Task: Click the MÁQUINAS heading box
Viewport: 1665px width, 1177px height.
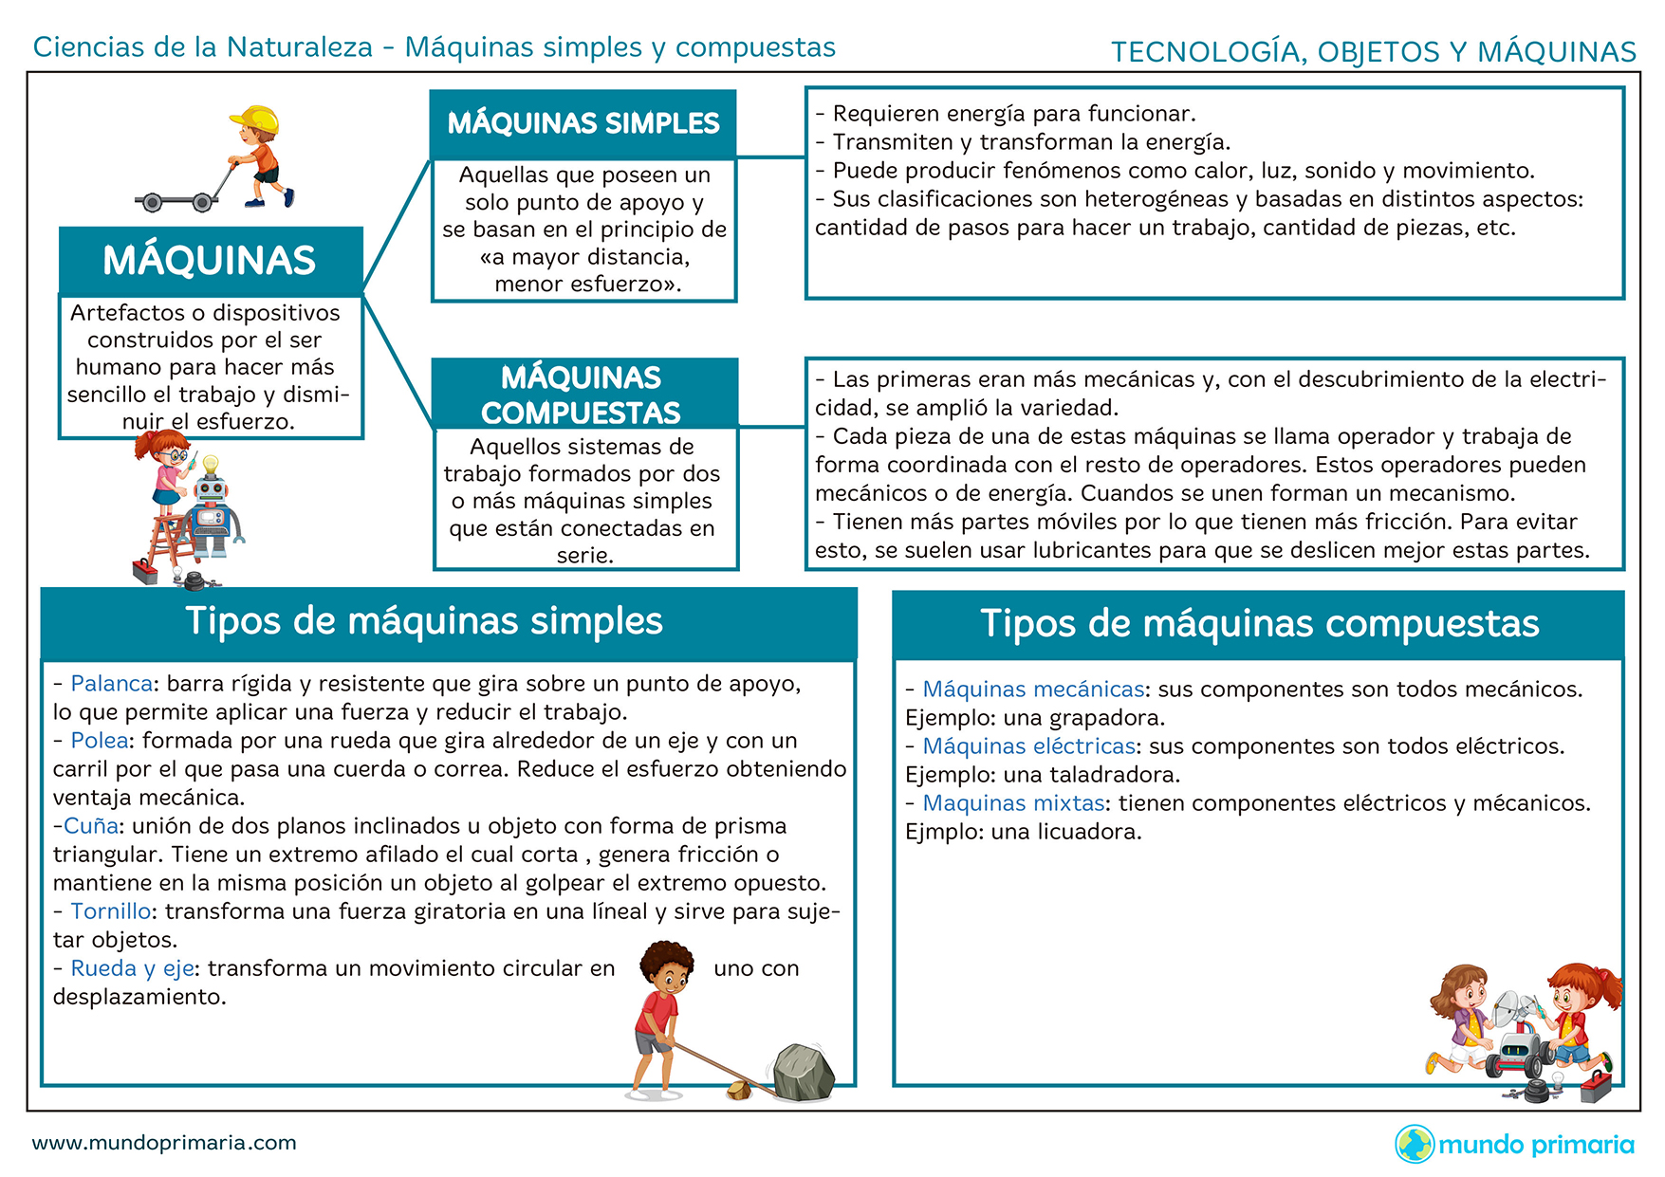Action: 211,261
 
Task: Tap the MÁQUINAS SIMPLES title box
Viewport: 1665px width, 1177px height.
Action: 583,124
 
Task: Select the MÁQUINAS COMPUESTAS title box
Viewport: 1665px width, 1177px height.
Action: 584,394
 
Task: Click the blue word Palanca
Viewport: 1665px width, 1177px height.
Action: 112,684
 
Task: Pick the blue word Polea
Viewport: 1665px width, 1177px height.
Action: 100,741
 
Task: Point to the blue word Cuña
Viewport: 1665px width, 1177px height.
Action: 91,826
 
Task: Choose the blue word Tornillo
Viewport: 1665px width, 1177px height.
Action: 111,911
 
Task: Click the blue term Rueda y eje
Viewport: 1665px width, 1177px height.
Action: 133,969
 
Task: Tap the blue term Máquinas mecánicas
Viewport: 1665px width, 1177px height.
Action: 1034,690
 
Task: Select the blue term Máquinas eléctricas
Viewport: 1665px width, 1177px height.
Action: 1029,746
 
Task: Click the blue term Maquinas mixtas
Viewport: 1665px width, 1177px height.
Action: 1014,803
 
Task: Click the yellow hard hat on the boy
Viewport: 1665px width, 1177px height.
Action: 254,119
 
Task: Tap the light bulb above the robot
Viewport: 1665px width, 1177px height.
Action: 211,466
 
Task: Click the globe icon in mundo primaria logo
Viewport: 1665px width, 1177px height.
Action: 1415,1144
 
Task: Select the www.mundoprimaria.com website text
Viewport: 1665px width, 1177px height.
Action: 164,1143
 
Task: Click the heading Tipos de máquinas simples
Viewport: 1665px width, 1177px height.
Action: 424,621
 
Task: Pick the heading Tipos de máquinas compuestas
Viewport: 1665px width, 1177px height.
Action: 1259,624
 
